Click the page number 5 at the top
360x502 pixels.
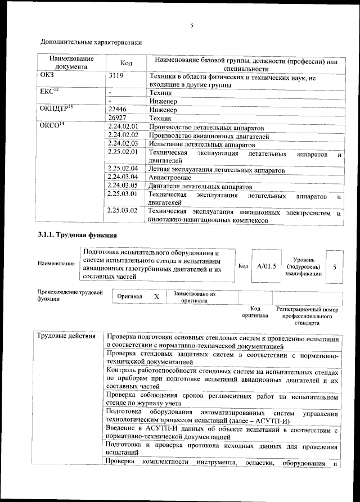click(192, 26)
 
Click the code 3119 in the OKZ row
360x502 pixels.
click(115, 75)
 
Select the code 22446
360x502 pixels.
click(117, 110)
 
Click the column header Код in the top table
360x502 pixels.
click(127, 62)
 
